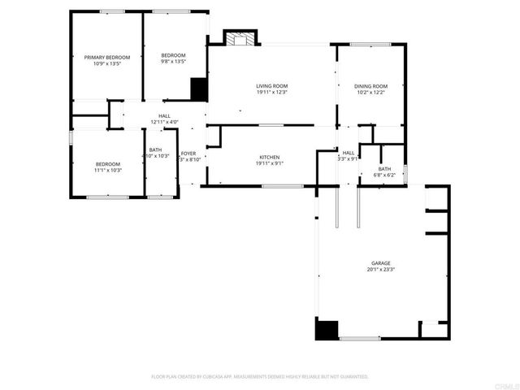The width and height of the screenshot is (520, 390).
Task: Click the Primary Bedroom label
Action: (107, 57)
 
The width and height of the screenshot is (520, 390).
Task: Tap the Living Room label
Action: (272, 86)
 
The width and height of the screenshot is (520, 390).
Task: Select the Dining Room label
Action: (370, 86)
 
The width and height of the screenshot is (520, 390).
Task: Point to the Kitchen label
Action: (270, 157)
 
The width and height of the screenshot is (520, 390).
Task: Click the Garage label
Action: (381, 263)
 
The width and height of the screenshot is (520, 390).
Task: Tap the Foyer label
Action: (188, 153)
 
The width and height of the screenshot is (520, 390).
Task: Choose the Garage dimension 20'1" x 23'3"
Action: (381, 270)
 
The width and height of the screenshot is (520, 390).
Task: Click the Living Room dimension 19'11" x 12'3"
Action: (272, 93)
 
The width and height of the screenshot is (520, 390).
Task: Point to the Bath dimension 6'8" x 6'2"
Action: (383, 175)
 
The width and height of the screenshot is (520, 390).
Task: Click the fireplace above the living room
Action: (239, 39)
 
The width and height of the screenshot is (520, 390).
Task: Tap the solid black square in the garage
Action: (327, 330)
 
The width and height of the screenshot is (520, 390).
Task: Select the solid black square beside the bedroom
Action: (198, 88)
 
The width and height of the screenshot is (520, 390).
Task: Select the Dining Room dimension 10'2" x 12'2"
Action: (370, 93)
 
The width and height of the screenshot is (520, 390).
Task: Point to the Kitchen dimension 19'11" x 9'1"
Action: (270, 163)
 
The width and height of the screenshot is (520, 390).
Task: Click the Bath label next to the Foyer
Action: (155, 150)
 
